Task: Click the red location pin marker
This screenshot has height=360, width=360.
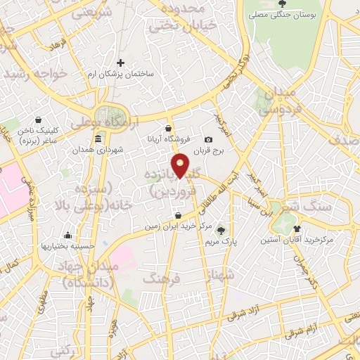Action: [x=181, y=166]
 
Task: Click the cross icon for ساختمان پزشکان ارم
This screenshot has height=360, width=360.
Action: [x=120, y=63]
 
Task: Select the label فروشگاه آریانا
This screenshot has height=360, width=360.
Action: [x=168, y=139]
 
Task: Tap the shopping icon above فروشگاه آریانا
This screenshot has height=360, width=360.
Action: [x=168, y=129]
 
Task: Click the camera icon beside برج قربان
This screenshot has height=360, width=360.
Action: [x=208, y=141]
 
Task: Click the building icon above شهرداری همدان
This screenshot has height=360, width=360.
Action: [x=98, y=139]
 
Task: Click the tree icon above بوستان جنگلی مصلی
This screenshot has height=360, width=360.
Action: [x=281, y=3]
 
